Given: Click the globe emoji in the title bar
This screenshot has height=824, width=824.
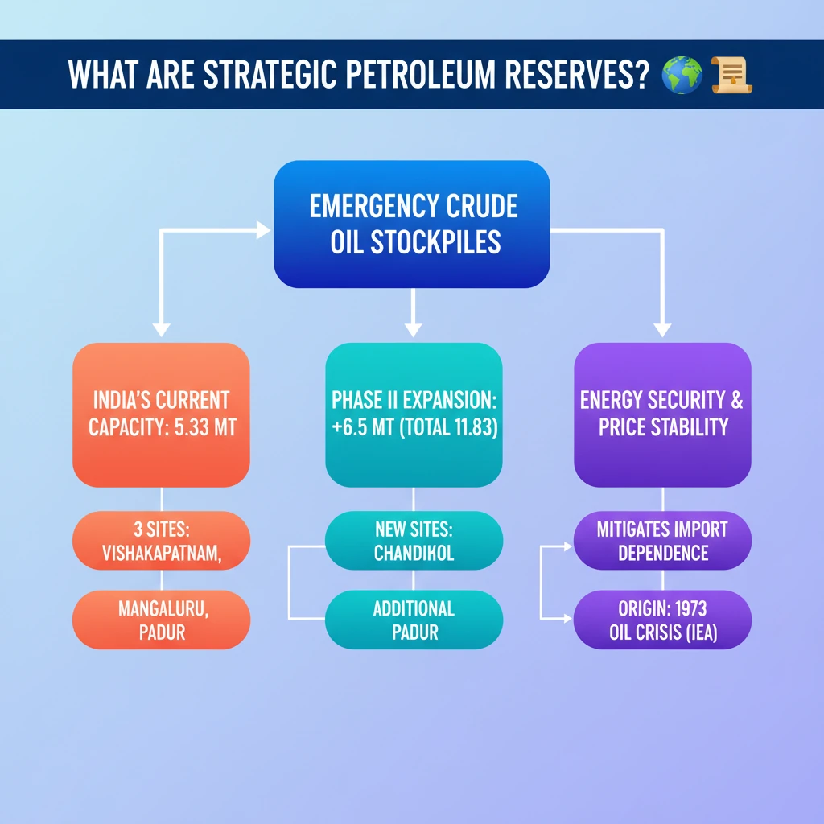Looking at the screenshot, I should (x=682, y=75).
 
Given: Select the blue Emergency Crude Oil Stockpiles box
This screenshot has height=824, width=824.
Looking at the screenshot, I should (x=412, y=224).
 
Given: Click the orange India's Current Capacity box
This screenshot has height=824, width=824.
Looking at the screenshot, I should (x=161, y=414).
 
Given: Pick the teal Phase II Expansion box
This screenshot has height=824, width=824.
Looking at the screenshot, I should (x=414, y=414).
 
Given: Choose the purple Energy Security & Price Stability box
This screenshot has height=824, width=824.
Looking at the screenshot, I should (x=661, y=414).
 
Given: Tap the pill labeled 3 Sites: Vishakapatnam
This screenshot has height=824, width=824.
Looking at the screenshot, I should (x=161, y=542).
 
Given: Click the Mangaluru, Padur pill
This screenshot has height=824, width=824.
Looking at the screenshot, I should (x=161, y=620).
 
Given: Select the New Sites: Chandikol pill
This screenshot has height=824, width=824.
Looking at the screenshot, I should (x=414, y=542).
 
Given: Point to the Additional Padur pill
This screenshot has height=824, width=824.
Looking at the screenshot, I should (x=414, y=620).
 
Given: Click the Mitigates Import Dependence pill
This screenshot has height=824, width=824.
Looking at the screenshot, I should (x=661, y=542).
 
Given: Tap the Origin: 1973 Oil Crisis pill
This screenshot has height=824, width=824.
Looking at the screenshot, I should (x=661, y=620).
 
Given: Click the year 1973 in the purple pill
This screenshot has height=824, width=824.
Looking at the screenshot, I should (x=685, y=608).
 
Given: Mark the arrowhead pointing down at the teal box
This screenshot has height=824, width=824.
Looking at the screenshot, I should (x=413, y=329).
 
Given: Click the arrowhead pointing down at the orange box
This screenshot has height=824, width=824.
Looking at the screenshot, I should (x=161, y=329).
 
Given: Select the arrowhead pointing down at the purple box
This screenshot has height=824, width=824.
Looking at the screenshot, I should (x=661, y=329).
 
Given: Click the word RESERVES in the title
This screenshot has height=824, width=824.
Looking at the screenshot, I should (x=573, y=76).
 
